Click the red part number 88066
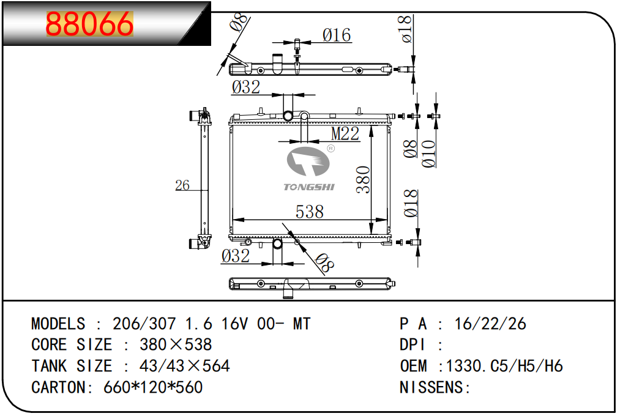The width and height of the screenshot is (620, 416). click(89, 24)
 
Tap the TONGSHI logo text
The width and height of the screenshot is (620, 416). click(309, 187)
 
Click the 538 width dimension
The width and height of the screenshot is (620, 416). click(310, 212)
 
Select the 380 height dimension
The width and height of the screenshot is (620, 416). click(363, 180)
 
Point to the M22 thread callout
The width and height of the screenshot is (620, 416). click(345, 133)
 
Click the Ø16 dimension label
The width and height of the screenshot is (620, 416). click(337, 35)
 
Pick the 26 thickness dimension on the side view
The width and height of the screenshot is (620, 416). click(182, 185)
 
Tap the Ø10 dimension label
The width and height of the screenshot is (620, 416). click(428, 154)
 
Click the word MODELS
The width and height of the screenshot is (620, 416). click(58, 324)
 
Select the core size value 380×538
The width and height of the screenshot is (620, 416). click(176, 344)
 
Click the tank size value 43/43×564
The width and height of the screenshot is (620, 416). click(184, 366)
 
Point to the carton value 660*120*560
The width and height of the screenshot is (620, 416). click(153, 387)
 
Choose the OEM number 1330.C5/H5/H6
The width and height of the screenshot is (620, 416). click(504, 366)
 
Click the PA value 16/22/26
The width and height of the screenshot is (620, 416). click(490, 324)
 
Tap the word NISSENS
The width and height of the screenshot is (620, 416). click(431, 387)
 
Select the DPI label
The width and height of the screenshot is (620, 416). click(413, 344)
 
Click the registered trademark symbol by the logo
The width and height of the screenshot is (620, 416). click(331, 148)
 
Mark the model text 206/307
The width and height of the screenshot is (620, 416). click(144, 324)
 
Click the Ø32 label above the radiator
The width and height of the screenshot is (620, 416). click(246, 87)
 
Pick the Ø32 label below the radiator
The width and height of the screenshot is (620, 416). click(236, 256)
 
